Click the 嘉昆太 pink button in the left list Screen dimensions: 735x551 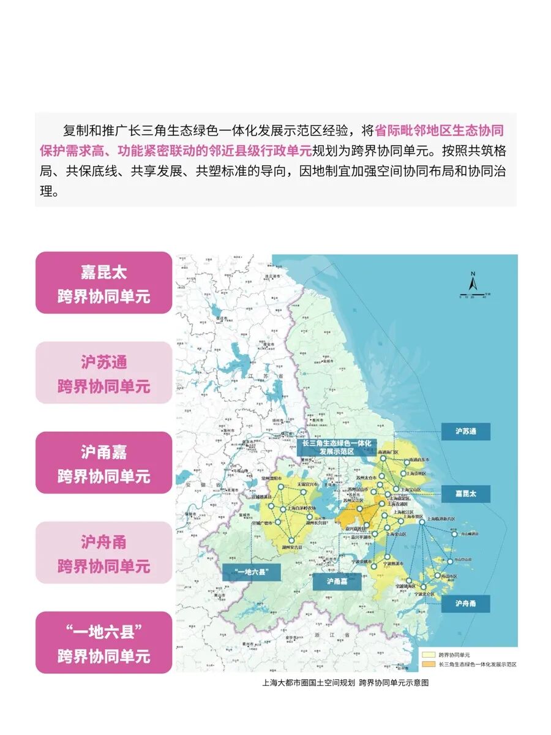[x=103, y=283]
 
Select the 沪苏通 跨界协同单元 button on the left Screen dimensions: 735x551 [x=103, y=373]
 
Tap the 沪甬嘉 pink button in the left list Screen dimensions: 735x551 [x=103, y=463]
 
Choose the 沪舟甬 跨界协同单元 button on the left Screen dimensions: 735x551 [x=103, y=553]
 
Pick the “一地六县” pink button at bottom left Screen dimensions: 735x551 [x=103, y=643]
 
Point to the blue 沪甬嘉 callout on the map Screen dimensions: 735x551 [x=337, y=581]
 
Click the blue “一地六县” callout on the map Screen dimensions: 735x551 [x=250, y=573]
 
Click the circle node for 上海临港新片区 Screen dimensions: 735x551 [x=422, y=518]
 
